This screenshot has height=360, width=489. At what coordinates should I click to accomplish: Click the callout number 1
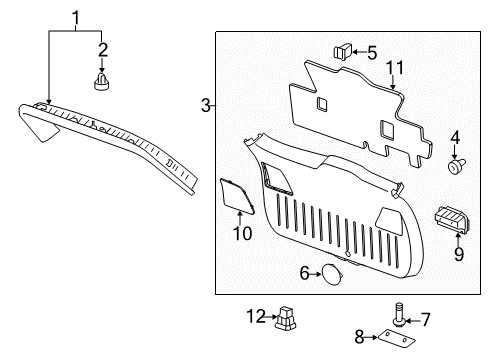click(x=75, y=17)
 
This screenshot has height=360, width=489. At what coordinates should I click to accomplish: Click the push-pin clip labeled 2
click(x=101, y=80)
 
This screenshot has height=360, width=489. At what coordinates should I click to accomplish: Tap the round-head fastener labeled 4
click(x=457, y=168)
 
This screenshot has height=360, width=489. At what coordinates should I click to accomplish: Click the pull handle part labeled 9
click(x=453, y=220)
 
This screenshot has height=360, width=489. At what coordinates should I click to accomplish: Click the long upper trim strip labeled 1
click(x=120, y=140)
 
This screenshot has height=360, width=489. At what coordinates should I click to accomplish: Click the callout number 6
click(x=304, y=272)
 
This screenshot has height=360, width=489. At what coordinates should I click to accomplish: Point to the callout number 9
click(x=458, y=254)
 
